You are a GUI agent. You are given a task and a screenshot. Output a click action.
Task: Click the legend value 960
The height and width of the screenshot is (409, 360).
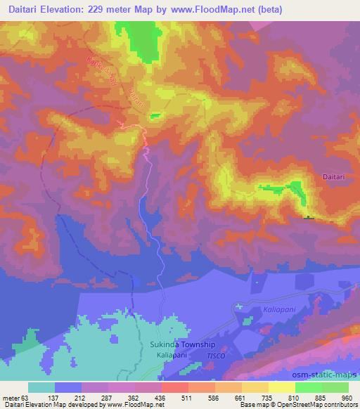(346, 398)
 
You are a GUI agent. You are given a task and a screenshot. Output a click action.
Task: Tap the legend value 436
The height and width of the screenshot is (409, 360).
(160, 398)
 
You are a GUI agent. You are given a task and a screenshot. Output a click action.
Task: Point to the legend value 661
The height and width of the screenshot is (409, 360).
(240, 398)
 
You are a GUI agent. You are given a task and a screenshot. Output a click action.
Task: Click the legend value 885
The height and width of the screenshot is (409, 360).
(320, 398)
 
